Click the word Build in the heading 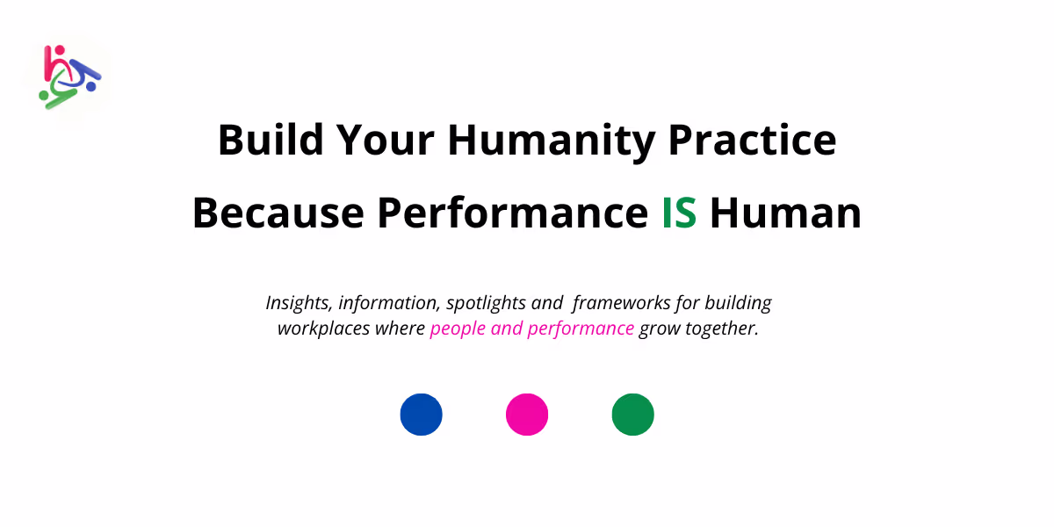271,140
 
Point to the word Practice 752,140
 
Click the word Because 278,213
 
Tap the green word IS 679,213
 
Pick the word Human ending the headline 785,213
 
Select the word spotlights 486,304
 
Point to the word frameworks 622,303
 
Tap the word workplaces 324,328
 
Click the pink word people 458,329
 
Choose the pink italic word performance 581,329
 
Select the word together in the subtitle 722,329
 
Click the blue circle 421,415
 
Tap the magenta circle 527,415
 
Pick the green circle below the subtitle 633,415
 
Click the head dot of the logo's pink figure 60,50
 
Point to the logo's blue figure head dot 91,87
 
